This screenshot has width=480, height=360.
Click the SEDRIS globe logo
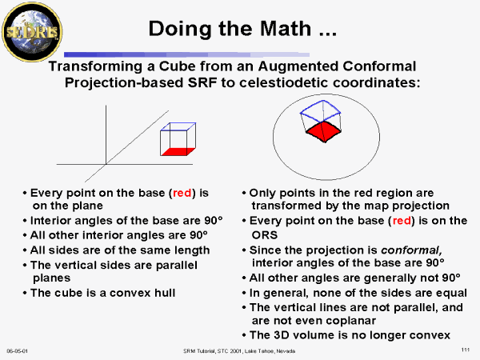tap(32, 32)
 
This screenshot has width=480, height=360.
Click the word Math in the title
tap(286, 29)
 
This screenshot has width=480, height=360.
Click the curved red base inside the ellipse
tap(323, 132)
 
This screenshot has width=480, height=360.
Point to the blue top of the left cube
tap(178, 126)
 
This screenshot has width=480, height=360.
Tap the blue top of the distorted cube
tap(321, 110)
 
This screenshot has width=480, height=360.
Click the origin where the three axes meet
tap(106, 164)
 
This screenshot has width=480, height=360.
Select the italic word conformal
tap(411, 250)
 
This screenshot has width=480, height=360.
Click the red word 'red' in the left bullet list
tap(182, 193)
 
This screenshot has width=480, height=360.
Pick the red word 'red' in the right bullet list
tap(402, 221)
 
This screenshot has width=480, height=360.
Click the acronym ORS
tap(265, 235)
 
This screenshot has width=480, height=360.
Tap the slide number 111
tap(466, 350)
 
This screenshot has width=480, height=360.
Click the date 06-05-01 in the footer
tap(17, 351)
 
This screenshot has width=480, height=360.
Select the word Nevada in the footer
tap(286, 351)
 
